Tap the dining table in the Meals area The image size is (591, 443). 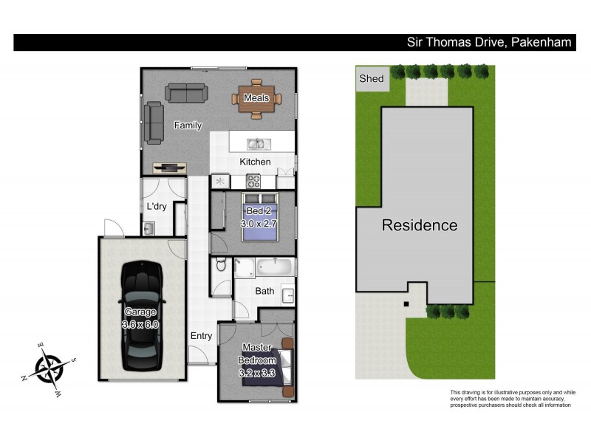tap(256, 97)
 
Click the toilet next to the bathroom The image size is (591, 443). tap(219, 267)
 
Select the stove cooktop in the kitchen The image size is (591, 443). tap(253, 180)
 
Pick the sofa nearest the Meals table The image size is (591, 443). tap(186, 93)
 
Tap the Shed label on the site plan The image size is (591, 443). tap(372, 79)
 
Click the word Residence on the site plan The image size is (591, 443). tap(419, 226)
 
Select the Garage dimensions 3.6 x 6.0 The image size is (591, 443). tap(141, 323)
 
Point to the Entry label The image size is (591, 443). tap(201, 336)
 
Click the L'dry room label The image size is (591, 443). tap(157, 207)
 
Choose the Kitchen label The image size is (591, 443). tap(255, 162)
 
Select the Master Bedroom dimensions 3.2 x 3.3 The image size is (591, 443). tap(256, 373)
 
